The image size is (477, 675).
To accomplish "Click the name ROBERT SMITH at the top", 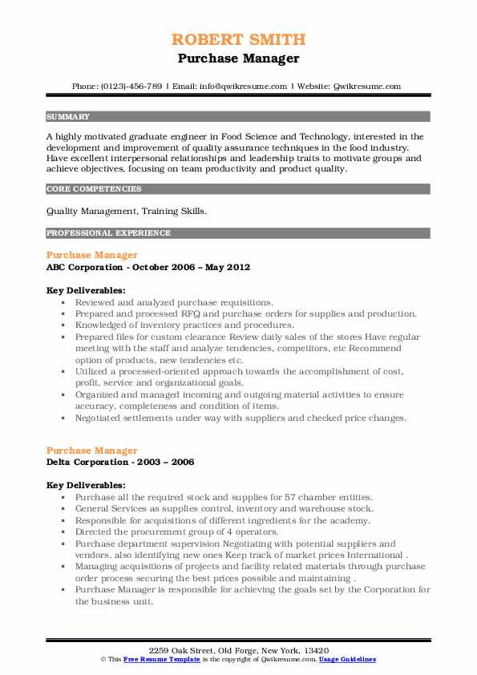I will coord(238,40).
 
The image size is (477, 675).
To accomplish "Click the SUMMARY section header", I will coord(68,116).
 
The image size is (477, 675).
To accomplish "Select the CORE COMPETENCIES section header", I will coord(94,189).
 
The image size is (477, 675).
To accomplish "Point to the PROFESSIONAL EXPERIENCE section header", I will coord(108,233).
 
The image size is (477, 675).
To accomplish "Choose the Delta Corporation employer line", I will coord(119,462).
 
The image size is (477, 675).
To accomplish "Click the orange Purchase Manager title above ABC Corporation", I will coord(91,255).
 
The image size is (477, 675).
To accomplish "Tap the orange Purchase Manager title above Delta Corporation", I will coord(91,451).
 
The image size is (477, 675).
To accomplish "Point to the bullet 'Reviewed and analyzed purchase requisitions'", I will coord(174,303).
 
